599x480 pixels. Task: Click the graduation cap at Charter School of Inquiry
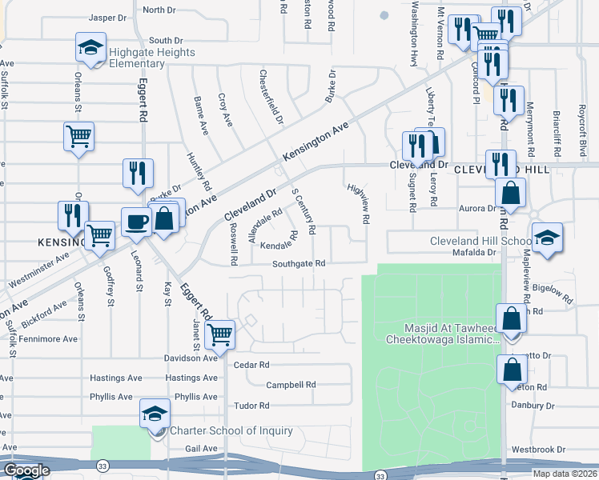pyautogui.click(x=155, y=413)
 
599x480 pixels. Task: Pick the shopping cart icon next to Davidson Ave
pyautogui.click(x=219, y=335)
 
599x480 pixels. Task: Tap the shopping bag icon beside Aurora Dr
pyautogui.click(x=510, y=192)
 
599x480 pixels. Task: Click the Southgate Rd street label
pyautogui.click(x=298, y=263)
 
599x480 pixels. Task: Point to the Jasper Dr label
pyautogui.click(x=108, y=17)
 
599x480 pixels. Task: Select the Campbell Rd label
pyautogui.click(x=288, y=385)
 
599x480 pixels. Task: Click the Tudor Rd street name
pyautogui.click(x=251, y=406)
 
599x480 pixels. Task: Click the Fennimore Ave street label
pyautogui.click(x=39, y=339)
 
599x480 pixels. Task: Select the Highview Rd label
pyautogui.click(x=358, y=203)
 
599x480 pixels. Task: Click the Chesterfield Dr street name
pyautogui.click(x=271, y=97)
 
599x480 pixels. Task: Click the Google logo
pyautogui.click(x=26, y=471)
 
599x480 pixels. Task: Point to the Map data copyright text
pyautogui.click(x=565, y=474)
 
